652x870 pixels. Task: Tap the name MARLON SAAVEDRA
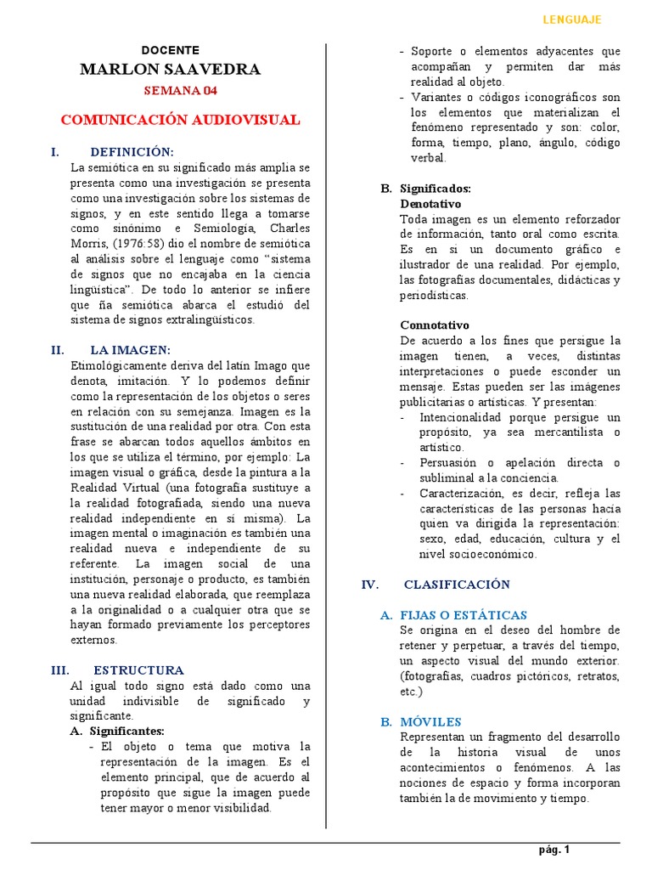(171, 70)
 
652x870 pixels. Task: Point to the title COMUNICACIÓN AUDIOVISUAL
(180, 120)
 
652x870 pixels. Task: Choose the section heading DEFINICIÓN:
(132, 152)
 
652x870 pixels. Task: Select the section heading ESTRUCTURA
(138, 670)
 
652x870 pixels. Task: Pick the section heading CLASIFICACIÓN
(457, 585)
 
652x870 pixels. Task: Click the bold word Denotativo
(430, 204)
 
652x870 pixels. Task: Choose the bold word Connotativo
(434, 325)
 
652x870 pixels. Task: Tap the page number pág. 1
(554, 850)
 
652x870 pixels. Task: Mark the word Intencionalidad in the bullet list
(458, 417)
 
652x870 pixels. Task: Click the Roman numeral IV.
(369, 585)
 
